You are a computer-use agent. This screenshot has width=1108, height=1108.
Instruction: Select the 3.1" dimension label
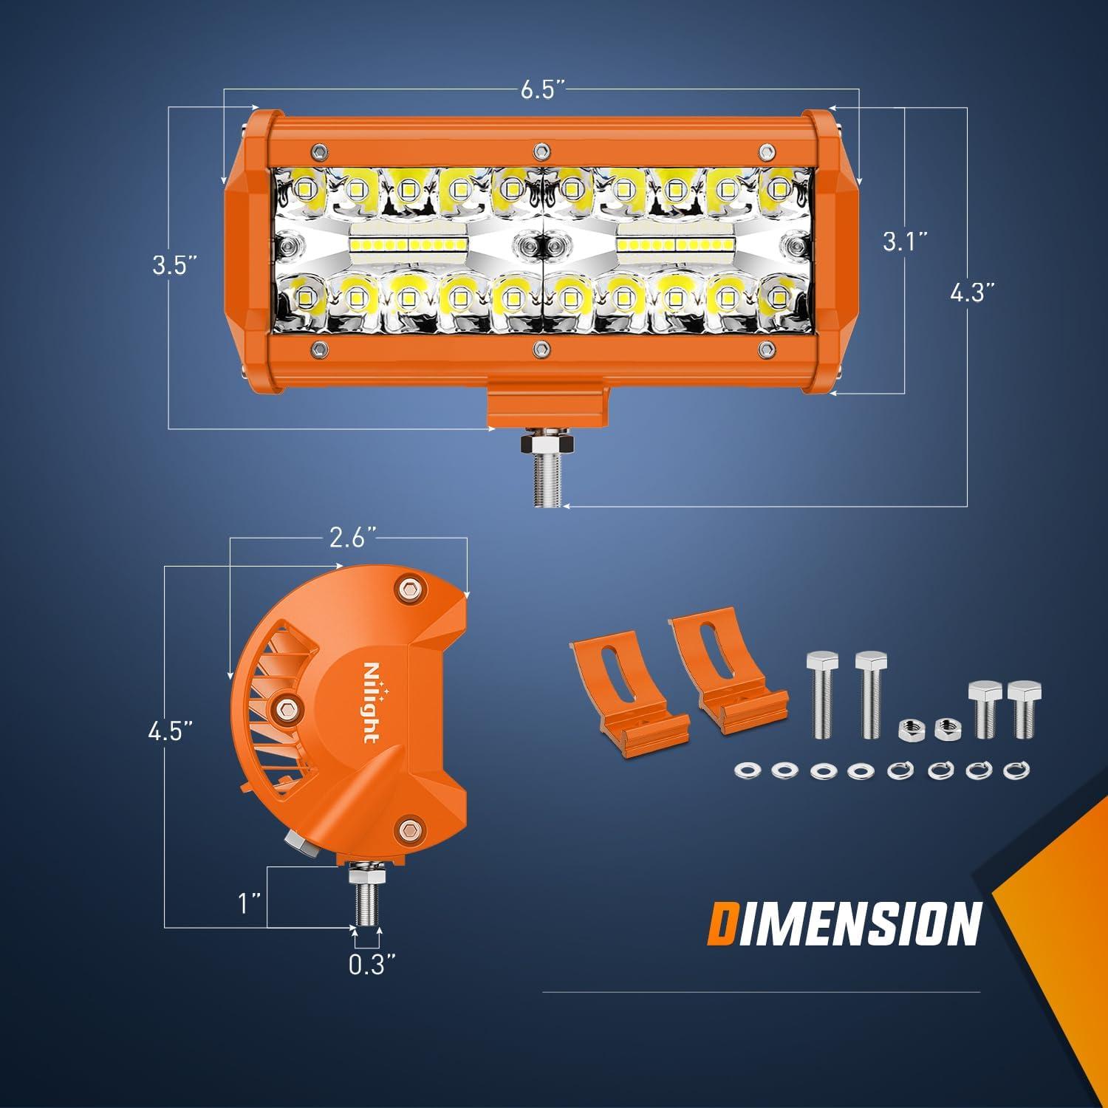906,242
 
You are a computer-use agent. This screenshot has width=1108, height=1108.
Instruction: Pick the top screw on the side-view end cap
409,589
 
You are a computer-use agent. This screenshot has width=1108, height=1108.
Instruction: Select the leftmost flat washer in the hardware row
743,771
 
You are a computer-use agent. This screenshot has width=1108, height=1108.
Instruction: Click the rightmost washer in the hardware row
1012,771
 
